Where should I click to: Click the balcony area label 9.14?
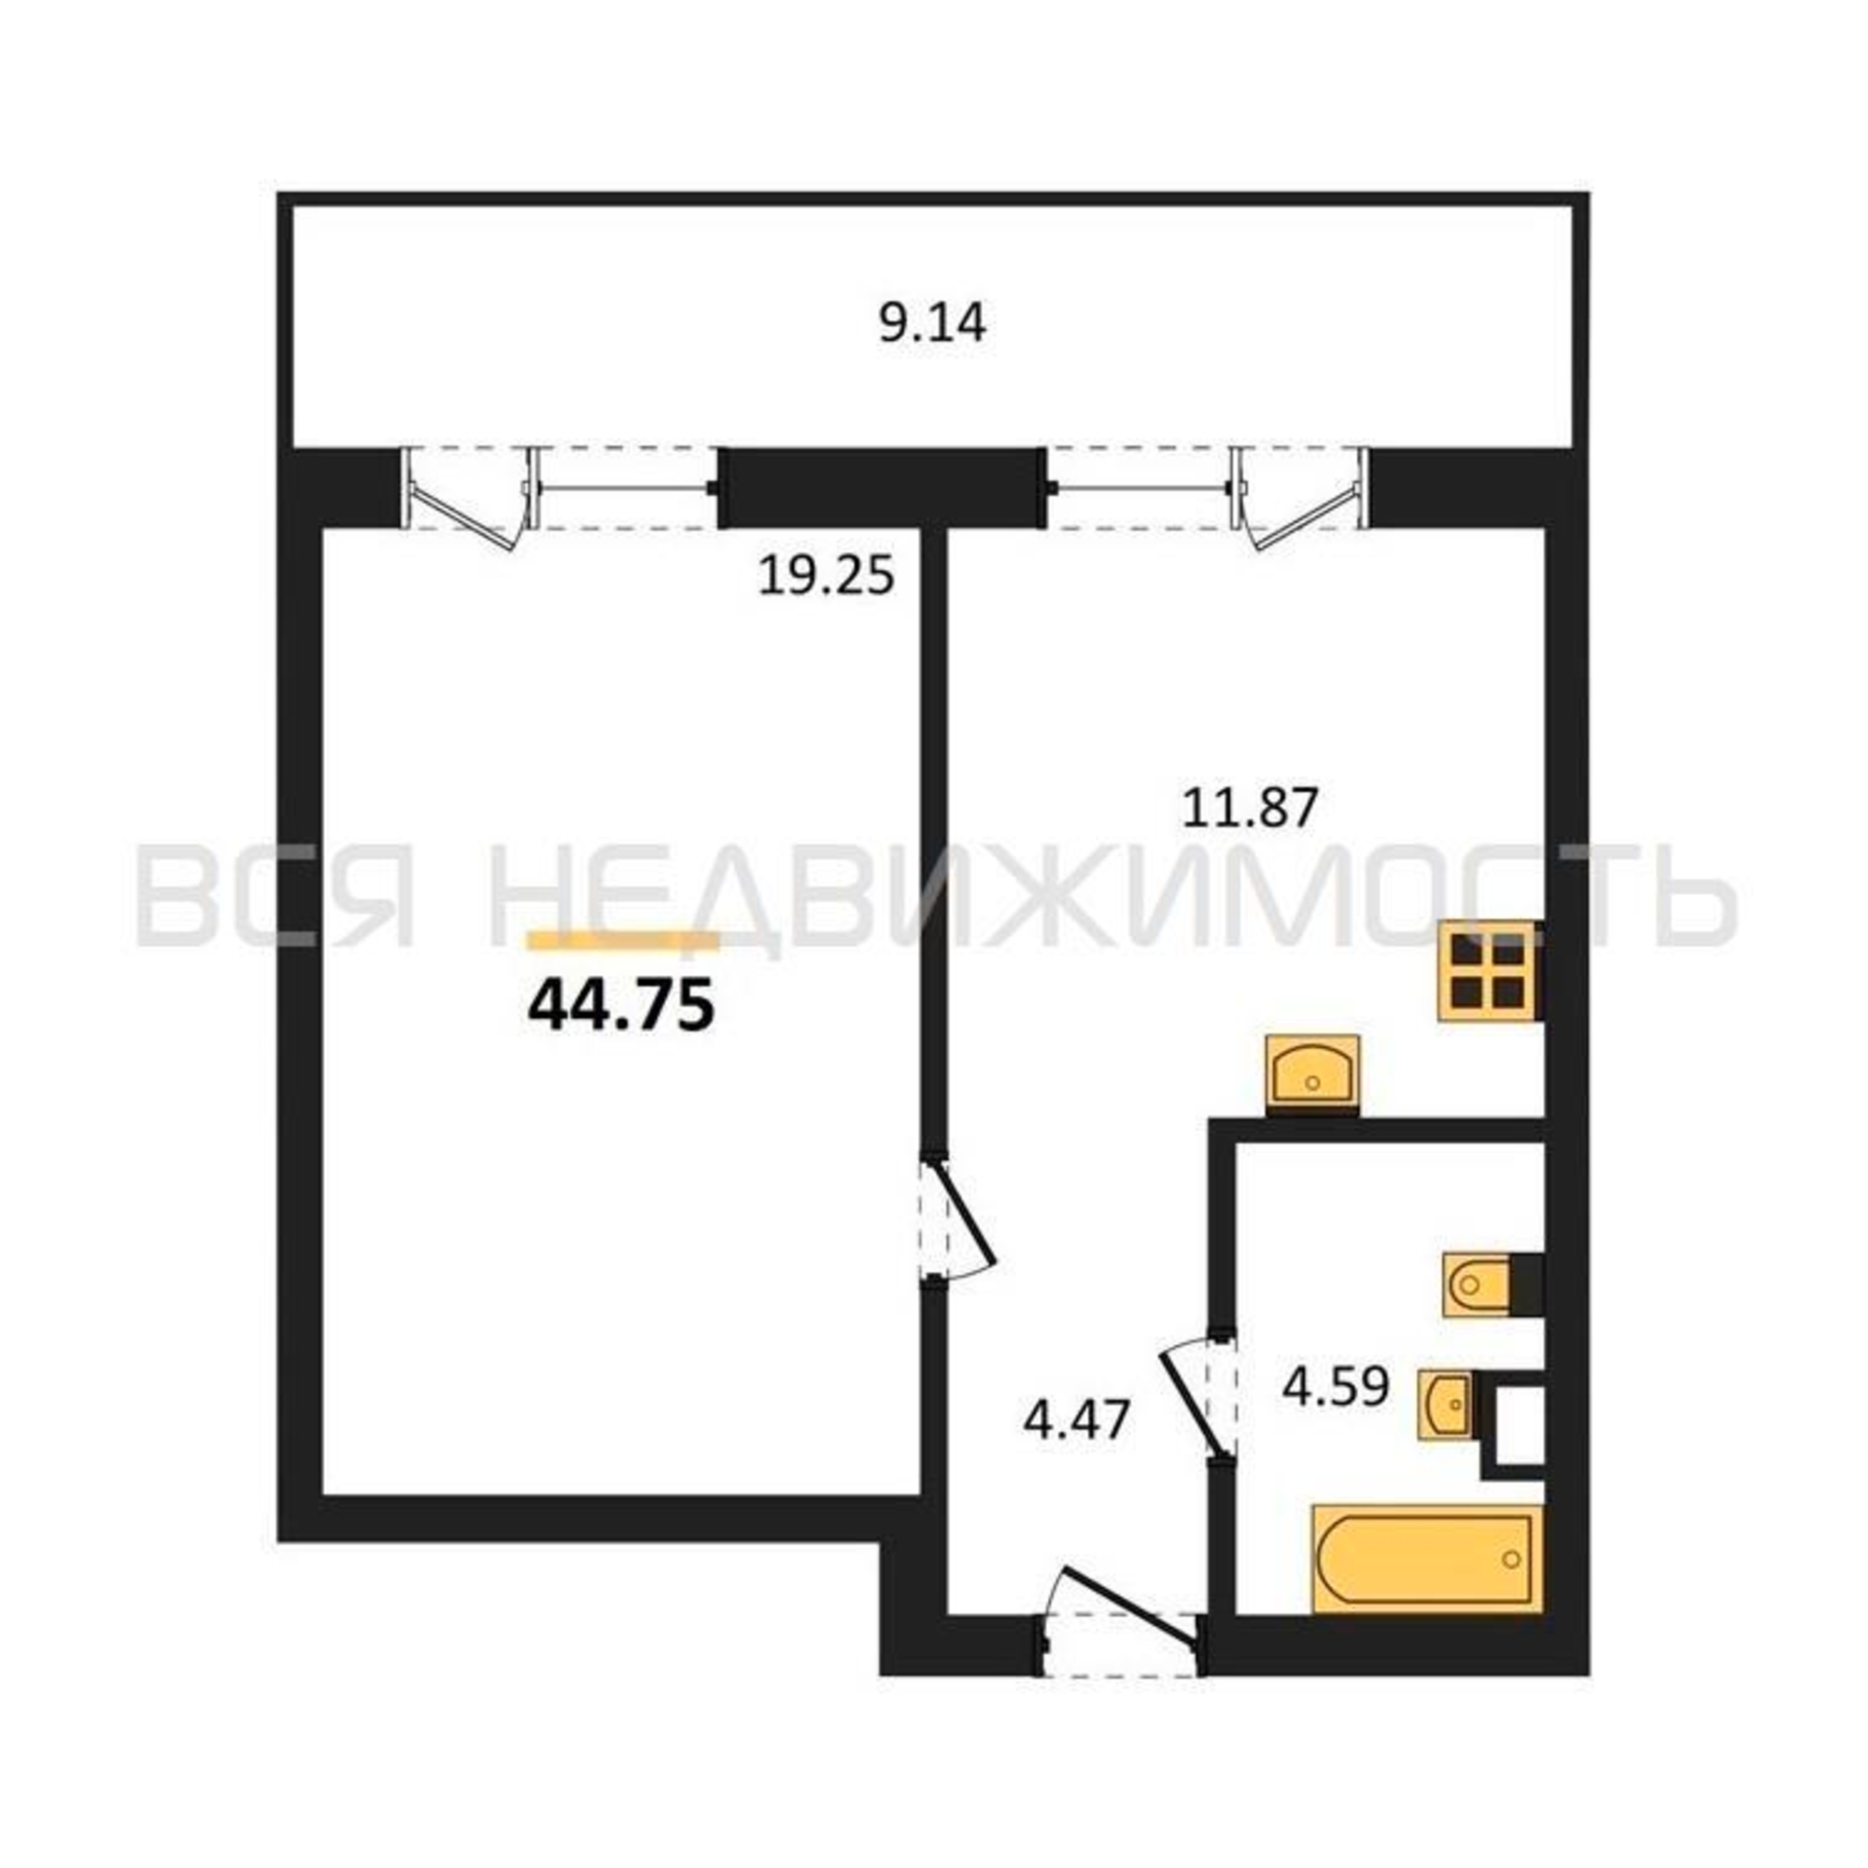point(932,323)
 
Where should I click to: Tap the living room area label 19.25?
point(826,577)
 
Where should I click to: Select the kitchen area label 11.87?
point(1251,808)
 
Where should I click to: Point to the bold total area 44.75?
point(621,1006)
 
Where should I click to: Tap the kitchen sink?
point(1313,1075)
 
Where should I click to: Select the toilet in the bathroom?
point(1477,1285)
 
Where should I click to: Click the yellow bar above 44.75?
point(623,941)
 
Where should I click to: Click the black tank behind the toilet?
point(1526,1285)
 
